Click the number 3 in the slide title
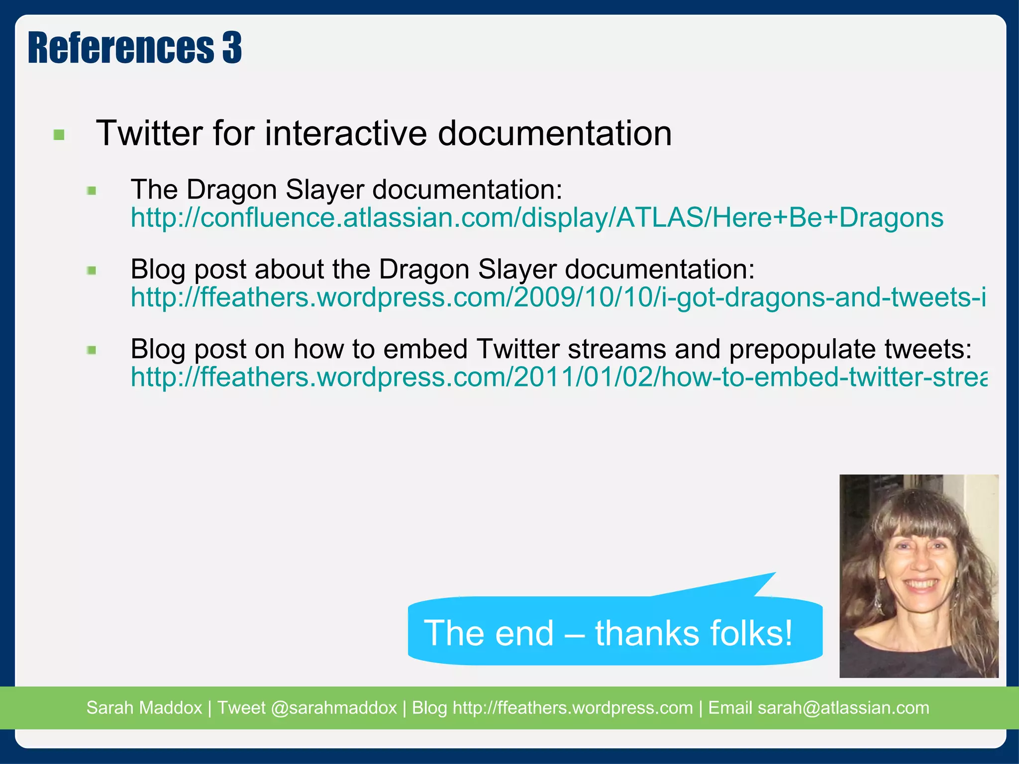tap(231, 48)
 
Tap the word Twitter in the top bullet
tap(149, 133)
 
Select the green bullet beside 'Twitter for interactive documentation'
tap(59, 135)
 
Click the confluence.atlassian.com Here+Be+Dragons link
tap(536, 218)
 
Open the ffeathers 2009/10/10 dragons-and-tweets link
tap(557, 297)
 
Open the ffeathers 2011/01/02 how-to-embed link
tap(557, 377)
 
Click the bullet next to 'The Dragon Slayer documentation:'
tap(92, 191)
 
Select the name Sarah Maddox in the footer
tap(144, 708)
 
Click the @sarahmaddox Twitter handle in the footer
tap(333, 708)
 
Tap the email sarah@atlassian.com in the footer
tap(843, 708)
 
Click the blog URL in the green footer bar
tap(572, 708)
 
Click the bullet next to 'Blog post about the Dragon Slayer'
tap(92, 271)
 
